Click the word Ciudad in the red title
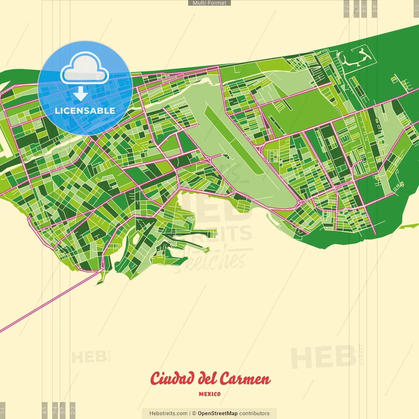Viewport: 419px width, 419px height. point(172,379)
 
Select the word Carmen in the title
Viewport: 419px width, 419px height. point(245,379)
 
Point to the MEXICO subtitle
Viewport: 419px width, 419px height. point(209,394)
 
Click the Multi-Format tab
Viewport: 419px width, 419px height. point(209,3)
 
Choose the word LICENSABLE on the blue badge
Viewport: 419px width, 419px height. point(85,111)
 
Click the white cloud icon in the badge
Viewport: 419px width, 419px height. point(85,69)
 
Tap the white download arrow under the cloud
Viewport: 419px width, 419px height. point(81,94)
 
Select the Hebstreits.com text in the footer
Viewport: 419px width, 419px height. point(168,413)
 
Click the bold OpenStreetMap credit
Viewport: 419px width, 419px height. point(218,413)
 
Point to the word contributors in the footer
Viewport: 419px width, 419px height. point(254,413)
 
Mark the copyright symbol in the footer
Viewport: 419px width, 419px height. point(194,413)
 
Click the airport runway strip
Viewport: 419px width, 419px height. point(233,141)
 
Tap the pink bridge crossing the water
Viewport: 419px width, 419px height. point(49,301)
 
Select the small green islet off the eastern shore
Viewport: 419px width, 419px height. point(409,226)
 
